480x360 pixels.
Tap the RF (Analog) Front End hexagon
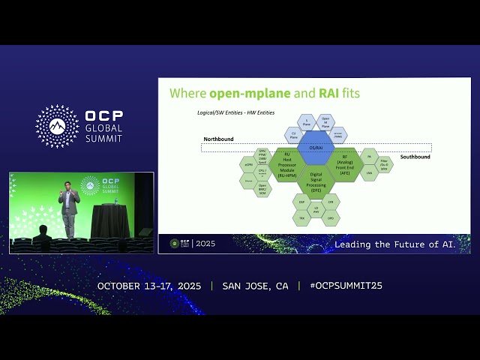[344, 164]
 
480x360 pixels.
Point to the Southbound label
[415, 157]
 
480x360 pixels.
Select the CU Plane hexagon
[295, 136]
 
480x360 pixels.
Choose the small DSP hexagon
[302, 202]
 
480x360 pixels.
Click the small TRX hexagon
[302, 217]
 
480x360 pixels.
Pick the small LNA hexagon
[369, 172]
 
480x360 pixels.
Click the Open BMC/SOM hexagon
[263, 187]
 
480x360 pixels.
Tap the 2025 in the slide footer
[205, 244]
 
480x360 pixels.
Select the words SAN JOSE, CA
[255, 286]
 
